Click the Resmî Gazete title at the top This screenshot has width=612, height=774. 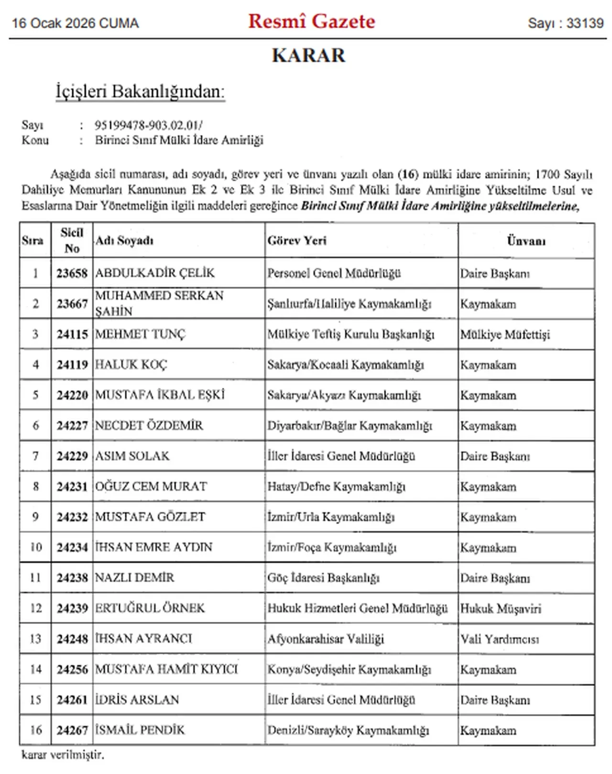tap(312, 22)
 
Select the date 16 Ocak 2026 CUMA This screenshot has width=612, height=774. tap(75, 23)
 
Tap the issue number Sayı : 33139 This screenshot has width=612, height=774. tap(566, 23)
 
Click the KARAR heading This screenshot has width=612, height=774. tap(308, 55)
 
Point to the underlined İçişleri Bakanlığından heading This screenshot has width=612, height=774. tap(140, 91)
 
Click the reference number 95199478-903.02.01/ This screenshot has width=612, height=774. tap(148, 125)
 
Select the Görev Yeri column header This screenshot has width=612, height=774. tap(297, 241)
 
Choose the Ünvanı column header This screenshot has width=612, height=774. tap(526, 241)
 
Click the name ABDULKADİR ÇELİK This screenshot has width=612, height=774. tap(155, 273)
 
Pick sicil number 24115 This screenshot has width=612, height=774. tap(72, 334)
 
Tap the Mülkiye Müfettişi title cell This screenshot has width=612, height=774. tap(505, 334)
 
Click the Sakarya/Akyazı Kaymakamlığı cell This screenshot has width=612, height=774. tap(344, 395)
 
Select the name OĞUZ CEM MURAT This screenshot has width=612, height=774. tap(151, 487)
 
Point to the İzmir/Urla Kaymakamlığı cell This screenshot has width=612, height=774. tap(331, 517)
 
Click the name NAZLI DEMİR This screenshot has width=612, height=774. tap(135, 578)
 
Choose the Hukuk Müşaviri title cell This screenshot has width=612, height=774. tap(501, 608)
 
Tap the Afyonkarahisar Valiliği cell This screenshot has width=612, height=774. tap(326, 639)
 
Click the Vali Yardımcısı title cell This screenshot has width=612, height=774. tap(500, 639)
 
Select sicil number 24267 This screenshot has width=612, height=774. tap(72, 730)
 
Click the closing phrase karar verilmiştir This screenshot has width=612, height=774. tap(63, 755)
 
